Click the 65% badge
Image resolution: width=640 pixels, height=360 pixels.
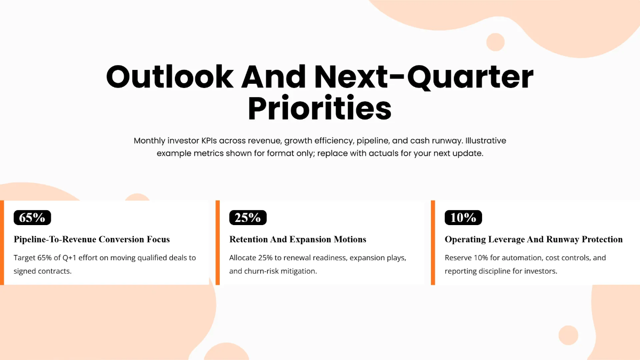click(x=33, y=218)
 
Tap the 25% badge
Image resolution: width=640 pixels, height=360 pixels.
click(x=248, y=218)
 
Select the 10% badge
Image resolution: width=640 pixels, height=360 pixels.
click(x=463, y=218)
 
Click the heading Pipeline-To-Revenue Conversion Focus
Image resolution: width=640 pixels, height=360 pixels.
click(x=92, y=239)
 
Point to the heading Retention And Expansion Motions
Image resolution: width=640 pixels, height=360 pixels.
click(x=298, y=239)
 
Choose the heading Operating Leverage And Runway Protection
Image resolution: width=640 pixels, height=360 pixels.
click(x=533, y=239)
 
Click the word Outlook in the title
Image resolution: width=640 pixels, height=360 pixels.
click(x=170, y=77)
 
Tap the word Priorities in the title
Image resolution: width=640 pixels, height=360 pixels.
click(x=320, y=108)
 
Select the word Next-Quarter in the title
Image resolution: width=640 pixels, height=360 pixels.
click(x=424, y=77)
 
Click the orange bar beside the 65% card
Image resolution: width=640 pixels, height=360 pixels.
click(x=2, y=243)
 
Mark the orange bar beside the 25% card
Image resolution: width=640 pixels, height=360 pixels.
click(x=218, y=243)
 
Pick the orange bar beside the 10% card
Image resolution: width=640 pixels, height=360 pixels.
click(x=433, y=243)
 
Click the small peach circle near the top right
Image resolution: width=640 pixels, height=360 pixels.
click(x=495, y=42)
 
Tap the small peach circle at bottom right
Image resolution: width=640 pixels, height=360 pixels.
click(x=568, y=335)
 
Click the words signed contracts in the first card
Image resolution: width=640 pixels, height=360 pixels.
click(x=43, y=271)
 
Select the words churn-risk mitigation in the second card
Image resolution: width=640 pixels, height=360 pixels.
click(x=281, y=271)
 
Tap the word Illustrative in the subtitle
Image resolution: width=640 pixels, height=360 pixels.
click(x=486, y=141)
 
